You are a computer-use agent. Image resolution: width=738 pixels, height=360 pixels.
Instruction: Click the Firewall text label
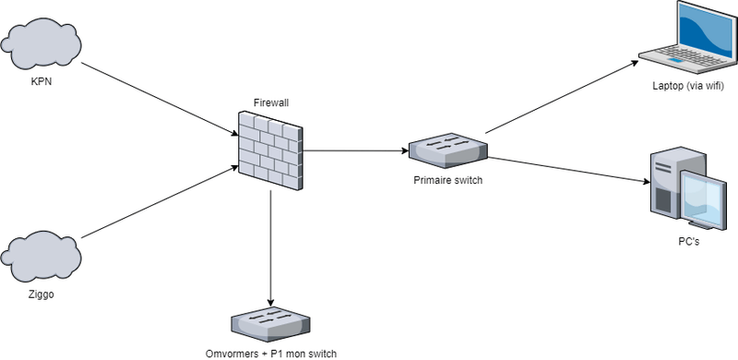pyautogui.click(x=270, y=102)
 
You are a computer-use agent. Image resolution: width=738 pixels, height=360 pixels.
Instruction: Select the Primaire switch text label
pyautogui.click(x=448, y=180)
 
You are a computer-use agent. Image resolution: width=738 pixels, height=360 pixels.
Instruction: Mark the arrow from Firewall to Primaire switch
pyautogui.click(x=355, y=150)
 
